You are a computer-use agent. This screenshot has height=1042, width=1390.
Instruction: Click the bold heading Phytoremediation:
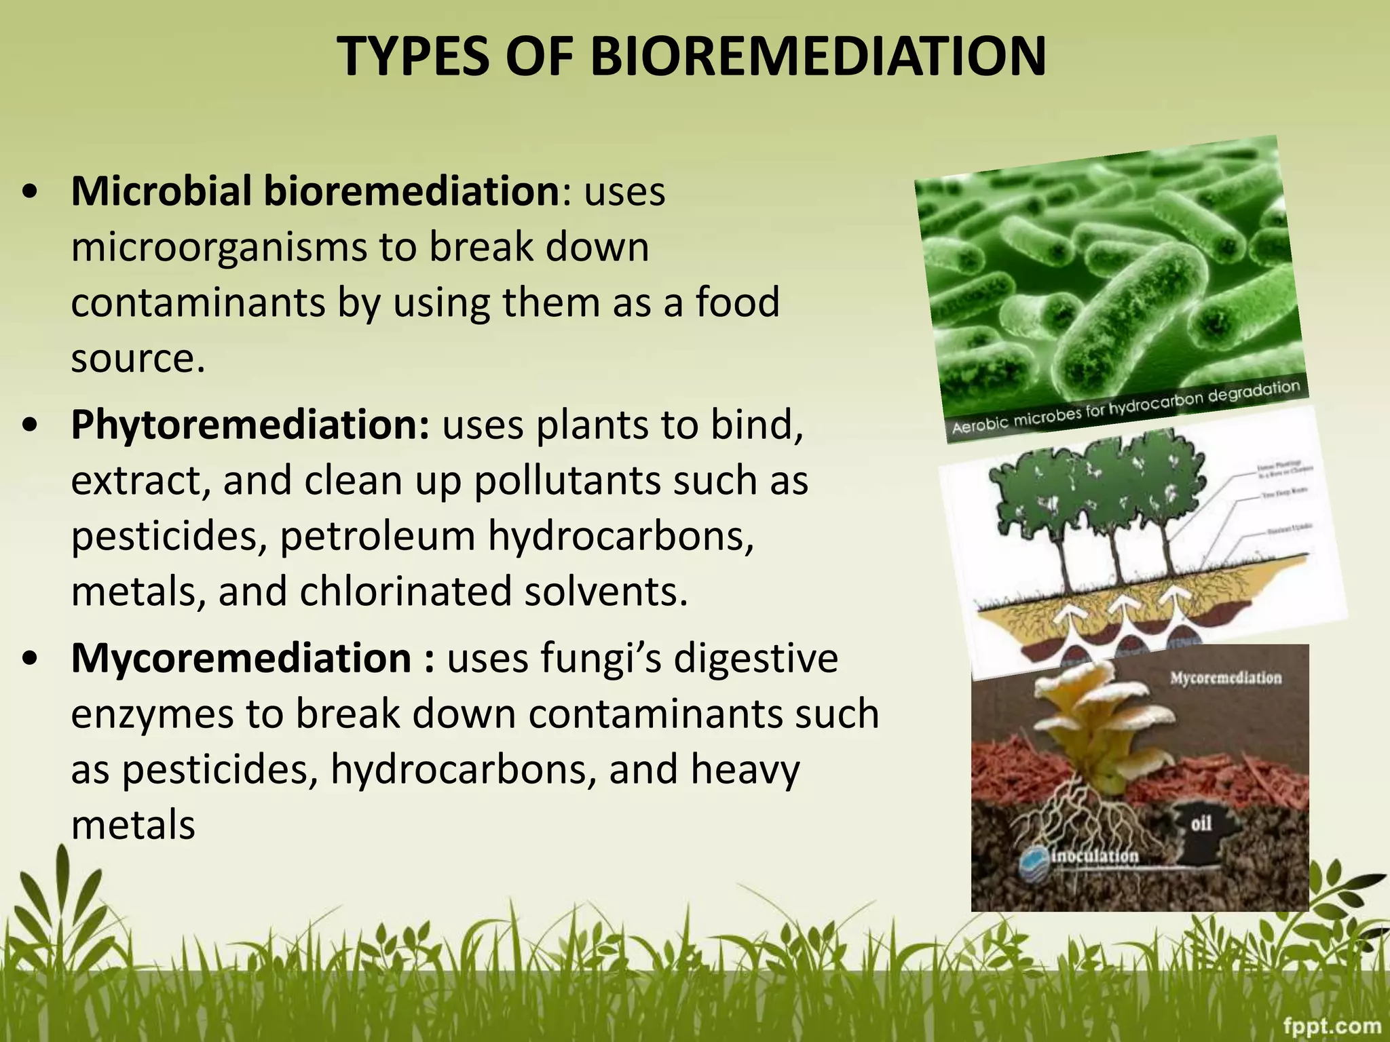click(250, 425)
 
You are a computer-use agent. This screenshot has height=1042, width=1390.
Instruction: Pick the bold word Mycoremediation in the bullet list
click(240, 659)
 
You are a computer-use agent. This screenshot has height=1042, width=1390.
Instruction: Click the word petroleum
click(377, 537)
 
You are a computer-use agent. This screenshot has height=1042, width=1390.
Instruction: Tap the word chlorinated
click(405, 592)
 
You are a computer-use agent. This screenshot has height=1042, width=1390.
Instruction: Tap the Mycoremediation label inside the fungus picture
click(1225, 678)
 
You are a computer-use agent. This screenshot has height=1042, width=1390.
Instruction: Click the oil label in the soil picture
click(1201, 824)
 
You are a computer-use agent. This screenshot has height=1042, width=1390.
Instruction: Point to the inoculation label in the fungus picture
click(1094, 856)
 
